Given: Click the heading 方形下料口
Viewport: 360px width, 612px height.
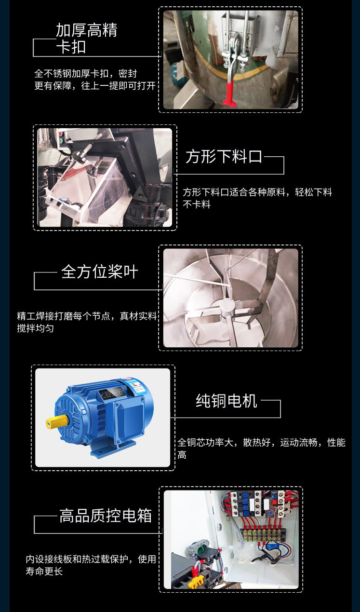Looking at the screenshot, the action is click(224, 157).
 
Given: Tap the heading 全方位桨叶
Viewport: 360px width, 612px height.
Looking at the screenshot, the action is click(100, 272).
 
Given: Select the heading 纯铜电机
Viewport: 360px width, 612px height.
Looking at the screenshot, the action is click(227, 401).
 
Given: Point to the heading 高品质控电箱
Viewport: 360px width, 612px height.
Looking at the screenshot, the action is click(106, 516).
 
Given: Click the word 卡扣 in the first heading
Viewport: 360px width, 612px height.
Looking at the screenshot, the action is click(71, 47).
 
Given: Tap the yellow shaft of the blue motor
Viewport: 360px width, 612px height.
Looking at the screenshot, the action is click(56, 422).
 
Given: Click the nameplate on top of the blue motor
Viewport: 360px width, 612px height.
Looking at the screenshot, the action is click(111, 393).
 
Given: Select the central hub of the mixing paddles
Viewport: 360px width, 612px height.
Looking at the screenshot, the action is click(227, 306).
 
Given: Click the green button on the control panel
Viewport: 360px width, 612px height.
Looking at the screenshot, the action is click(61, 141).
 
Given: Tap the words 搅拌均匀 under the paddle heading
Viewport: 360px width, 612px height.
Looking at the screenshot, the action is click(35, 328).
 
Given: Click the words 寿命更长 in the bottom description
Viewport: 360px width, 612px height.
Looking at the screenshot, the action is click(44, 571).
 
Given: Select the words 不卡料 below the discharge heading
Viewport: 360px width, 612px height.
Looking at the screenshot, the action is click(197, 204).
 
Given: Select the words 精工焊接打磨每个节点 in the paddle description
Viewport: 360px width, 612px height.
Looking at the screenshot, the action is click(64, 316).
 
